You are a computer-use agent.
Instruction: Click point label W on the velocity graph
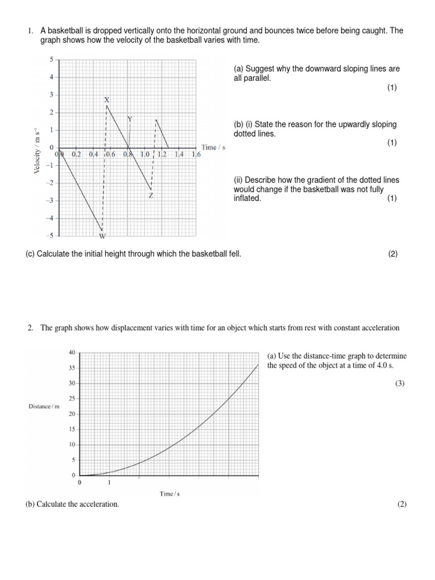(103, 236)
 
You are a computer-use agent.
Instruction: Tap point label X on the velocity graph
(106, 100)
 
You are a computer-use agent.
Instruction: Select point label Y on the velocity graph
(130, 119)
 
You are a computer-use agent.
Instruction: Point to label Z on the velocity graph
(151, 195)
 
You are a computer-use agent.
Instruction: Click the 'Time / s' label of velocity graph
(214, 147)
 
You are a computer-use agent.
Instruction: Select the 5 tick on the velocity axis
(51, 59)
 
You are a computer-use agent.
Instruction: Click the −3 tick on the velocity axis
(50, 201)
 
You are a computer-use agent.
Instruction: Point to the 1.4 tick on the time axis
(179, 154)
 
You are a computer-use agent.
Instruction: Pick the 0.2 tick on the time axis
(76, 154)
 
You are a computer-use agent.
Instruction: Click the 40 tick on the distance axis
(71, 352)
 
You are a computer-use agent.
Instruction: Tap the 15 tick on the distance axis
(71, 429)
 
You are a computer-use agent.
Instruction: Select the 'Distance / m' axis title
(44, 407)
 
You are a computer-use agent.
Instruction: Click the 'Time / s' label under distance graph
(169, 494)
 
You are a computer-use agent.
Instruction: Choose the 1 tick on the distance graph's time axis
(109, 483)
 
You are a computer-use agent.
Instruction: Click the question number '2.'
(31, 328)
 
